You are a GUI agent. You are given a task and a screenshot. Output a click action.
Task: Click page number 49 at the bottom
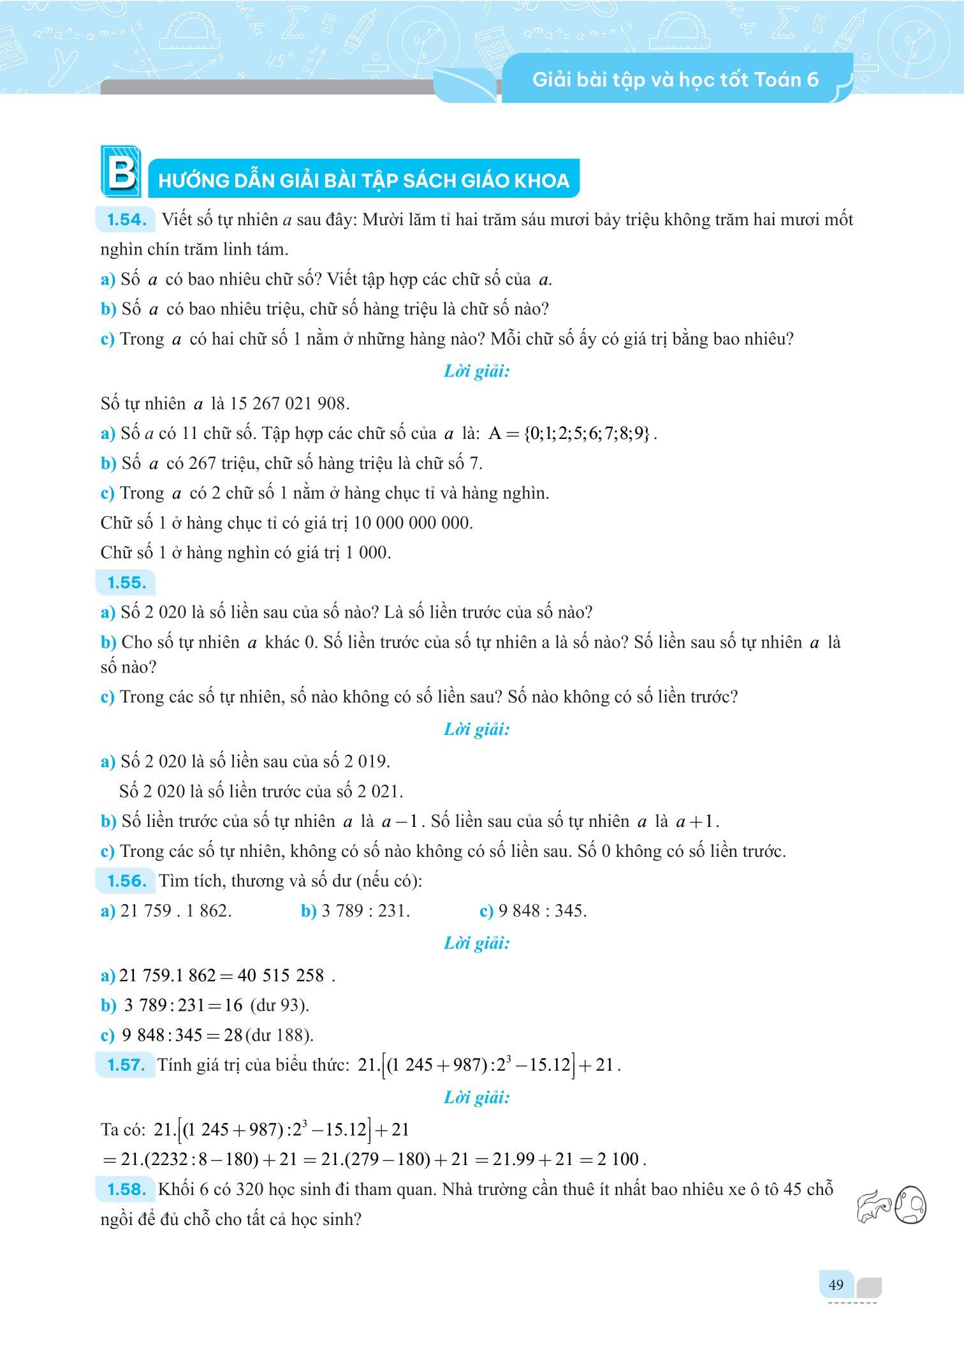coord(835,1284)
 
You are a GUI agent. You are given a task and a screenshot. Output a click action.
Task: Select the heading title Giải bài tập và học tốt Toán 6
coord(675,80)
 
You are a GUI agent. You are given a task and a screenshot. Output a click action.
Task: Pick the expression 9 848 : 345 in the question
coord(542,911)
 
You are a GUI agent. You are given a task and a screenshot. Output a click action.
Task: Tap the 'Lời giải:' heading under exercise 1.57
coord(476,1099)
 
